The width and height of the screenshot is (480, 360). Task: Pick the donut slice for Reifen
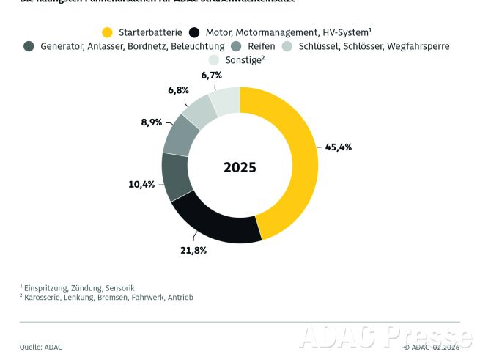[181, 136]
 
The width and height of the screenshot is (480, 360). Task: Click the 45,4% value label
[338, 147]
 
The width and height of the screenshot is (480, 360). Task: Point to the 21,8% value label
[193, 251]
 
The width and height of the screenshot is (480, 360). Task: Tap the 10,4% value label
[141, 184]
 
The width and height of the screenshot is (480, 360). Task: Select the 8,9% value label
[151, 122]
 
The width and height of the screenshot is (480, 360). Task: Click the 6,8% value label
[178, 90]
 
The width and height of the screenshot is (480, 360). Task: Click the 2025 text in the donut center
[240, 167]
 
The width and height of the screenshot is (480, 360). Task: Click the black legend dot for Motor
[194, 32]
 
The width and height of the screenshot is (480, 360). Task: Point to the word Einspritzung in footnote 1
[48, 288]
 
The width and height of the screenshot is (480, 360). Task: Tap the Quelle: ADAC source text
[41, 346]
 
